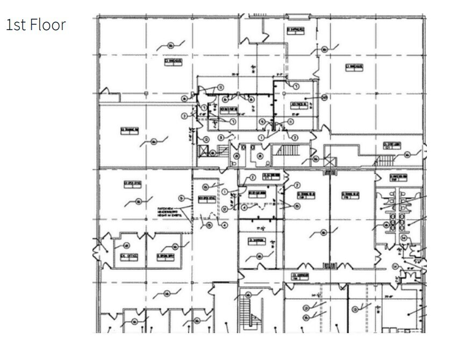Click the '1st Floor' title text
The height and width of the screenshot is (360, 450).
[x=35, y=25]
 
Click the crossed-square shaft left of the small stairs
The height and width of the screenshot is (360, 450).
[x=204, y=150]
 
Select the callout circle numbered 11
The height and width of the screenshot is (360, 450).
[x=290, y=122]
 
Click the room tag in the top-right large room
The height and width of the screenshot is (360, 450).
[x=353, y=67]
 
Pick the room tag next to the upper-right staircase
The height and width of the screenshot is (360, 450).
[x=391, y=146]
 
